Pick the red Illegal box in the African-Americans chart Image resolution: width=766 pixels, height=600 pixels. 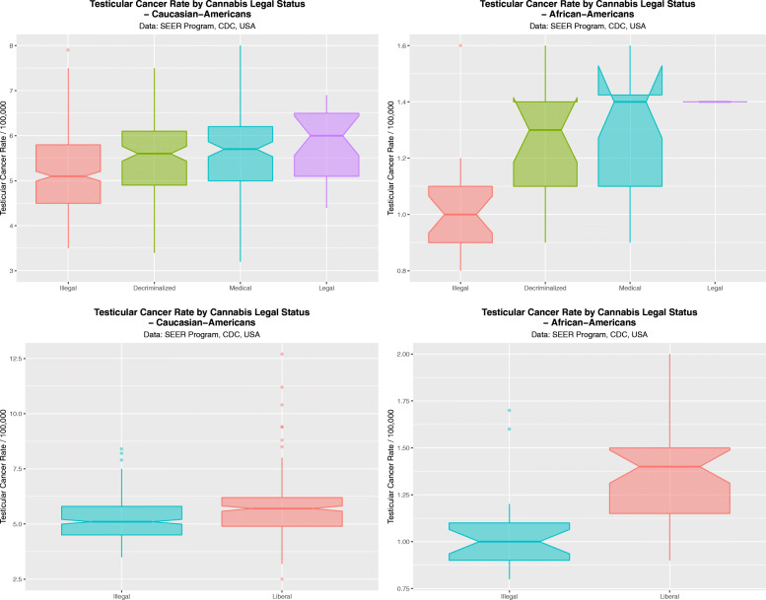(x=459, y=214)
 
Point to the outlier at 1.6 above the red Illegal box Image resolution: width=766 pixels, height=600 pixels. (x=459, y=46)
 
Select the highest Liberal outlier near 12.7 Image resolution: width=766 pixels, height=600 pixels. (x=283, y=355)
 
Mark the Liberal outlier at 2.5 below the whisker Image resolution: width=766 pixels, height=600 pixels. (x=283, y=578)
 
